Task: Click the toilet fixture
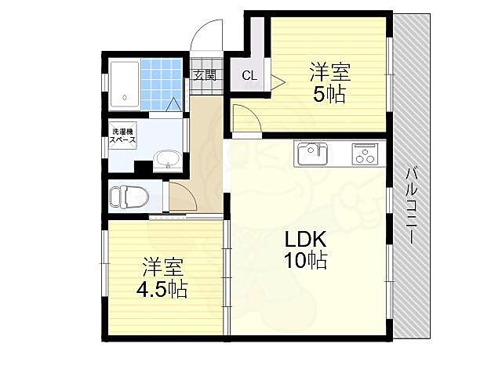[x=129, y=197]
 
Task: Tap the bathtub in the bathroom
[x=125, y=85]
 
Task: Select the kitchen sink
[x=312, y=154]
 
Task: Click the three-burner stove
[x=365, y=154]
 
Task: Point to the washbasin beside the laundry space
[x=167, y=160]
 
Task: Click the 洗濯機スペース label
[x=122, y=136]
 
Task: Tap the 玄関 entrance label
[x=204, y=75]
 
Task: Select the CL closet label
[x=249, y=76]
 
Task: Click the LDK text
[x=305, y=240]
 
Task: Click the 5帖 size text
[x=329, y=95]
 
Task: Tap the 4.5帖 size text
[x=162, y=290]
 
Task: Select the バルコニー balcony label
[x=412, y=205]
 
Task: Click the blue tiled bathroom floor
[x=162, y=85]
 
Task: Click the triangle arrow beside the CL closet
[x=278, y=82]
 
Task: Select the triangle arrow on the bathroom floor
[x=174, y=104]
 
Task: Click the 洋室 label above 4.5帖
[x=163, y=267]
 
